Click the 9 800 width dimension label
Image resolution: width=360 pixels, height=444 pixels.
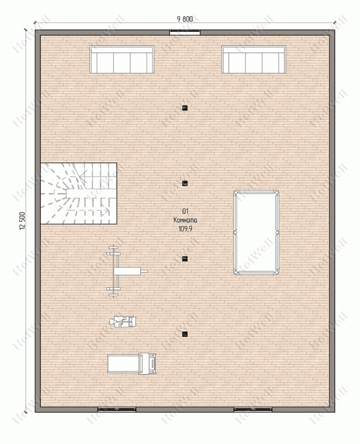(x=185, y=19)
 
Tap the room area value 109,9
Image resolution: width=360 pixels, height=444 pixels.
(x=185, y=229)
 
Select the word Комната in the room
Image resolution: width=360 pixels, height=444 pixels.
(x=185, y=220)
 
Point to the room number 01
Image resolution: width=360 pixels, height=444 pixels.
(x=185, y=211)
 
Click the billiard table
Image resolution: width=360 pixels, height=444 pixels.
(x=256, y=232)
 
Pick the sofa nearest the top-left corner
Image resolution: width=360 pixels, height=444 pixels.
(x=122, y=60)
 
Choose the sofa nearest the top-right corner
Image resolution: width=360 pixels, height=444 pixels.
(x=254, y=60)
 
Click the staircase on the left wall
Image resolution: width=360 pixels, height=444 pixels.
(x=79, y=193)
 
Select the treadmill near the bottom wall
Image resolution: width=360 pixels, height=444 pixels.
(x=132, y=364)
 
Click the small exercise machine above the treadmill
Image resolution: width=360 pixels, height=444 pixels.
(x=123, y=322)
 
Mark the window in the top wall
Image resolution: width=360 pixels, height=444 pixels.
(x=185, y=32)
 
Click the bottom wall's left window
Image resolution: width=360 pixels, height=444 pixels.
(x=117, y=409)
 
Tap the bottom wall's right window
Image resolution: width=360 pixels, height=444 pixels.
(x=253, y=409)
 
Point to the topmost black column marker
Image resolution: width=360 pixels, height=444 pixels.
(x=185, y=107)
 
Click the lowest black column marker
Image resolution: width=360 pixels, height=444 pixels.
(x=185, y=334)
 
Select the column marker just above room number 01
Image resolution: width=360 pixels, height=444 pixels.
(x=185, y=183)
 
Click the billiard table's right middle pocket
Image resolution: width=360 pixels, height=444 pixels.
(x=277, y=232)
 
